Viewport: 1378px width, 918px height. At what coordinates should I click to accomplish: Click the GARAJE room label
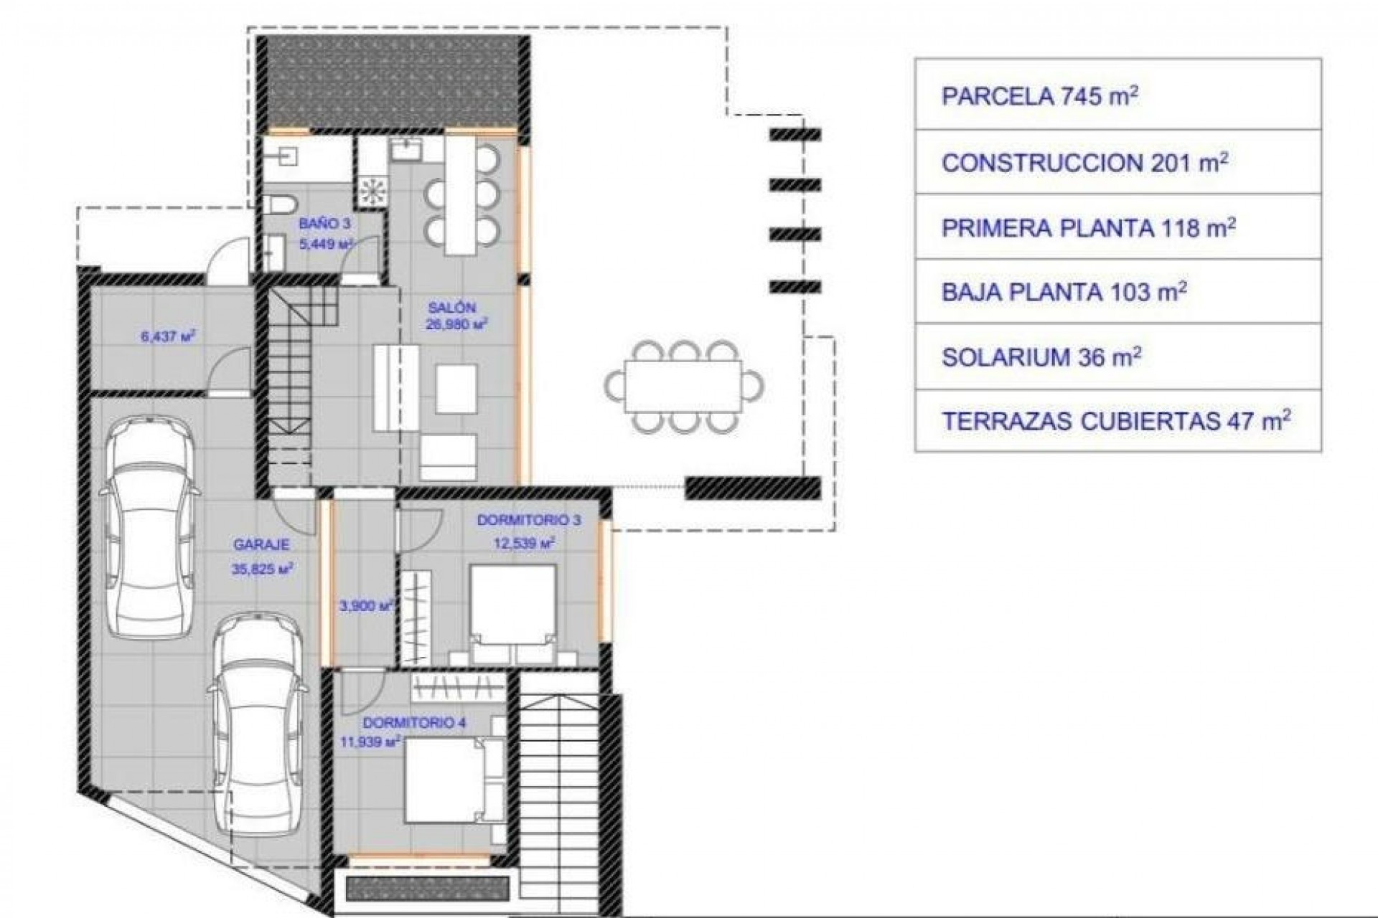[x=261, y=545]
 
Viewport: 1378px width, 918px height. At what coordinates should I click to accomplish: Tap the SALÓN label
[x=452, y=308]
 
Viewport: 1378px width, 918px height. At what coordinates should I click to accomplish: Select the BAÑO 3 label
[x=325, y=224]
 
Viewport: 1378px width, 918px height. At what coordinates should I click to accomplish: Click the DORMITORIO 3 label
[x=529, y=521]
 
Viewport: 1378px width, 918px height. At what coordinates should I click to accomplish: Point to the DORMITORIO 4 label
[x=414, y=723]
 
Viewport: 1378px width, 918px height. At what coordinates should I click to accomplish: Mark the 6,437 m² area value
[x=167, y=334]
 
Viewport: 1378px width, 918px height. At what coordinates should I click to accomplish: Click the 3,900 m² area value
[x=365, y=606]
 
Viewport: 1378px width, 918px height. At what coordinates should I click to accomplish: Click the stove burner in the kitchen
[x=372, y=190]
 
